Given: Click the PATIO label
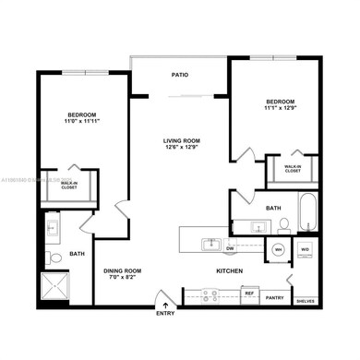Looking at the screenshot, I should [x=180, y=77].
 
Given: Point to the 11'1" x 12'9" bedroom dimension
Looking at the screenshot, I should [x=280, y=109].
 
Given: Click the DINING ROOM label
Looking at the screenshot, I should [x=122, y=270].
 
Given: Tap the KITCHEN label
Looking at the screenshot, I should [x=229, y=271].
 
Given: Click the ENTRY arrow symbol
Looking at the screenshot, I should [x=165, y=303].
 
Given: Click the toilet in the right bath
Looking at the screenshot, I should [x=284, y=223].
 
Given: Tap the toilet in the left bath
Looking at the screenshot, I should [x=54, y=258].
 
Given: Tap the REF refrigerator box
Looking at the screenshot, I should [x=248, y=294].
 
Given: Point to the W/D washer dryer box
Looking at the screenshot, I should [x=305, y=250].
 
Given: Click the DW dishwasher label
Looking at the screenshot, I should [x=230, y=248].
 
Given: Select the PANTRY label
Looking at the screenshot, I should [x=274, y=298].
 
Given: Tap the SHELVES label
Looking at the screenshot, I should [x=304, y=301].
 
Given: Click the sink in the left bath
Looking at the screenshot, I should [x=53, y=225].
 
